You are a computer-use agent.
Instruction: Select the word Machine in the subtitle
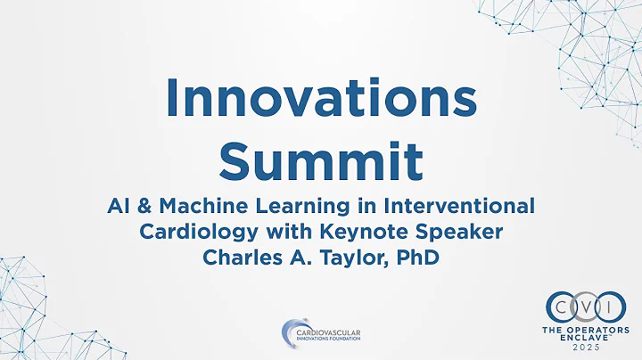point(193,207)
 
